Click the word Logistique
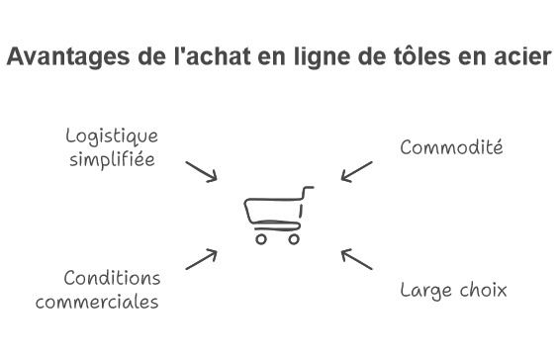(x=112, y=136)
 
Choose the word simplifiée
(x=112, y=159)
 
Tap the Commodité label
(x=452, y=147)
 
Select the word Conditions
(x=111, y=278)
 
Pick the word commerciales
(x=97, y=302)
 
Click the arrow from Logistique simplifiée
(x=202, y=170)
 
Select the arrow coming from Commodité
(x=356, y=171)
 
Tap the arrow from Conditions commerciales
(x=202, y=259)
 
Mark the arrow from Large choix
(x=357, y=259)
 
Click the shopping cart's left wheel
(x=261, y=238)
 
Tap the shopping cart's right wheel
(x=292, y=238)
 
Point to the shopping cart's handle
(x=309, y=189)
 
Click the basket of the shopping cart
(x=273, y=211)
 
